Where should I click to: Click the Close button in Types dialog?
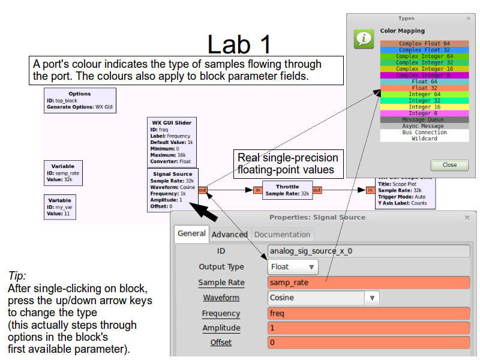tap(449, 164)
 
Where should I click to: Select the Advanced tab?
tap(229, 234)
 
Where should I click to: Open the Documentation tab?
tap(282, 234)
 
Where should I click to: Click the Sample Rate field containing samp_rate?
tap(369, 282)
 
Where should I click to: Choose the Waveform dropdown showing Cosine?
tap(323, 298)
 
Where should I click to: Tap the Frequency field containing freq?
tap(369, 313)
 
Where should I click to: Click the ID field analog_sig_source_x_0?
tap(369, 251)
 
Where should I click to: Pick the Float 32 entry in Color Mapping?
tap(424, 88)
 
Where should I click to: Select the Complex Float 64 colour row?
tap(424, 43)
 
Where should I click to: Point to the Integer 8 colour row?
tap(424, 113)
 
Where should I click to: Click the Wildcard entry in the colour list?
tap(424, 139)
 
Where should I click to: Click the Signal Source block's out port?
tap(203, 190)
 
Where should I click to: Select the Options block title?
tap(80, 94)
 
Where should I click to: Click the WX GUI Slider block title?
tap(172, 123)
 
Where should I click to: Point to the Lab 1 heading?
tap(239, 45)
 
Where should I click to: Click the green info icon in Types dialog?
tap(364, 38)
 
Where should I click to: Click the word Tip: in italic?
tap(17, 276)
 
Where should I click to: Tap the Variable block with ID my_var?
tap(59, 207)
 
